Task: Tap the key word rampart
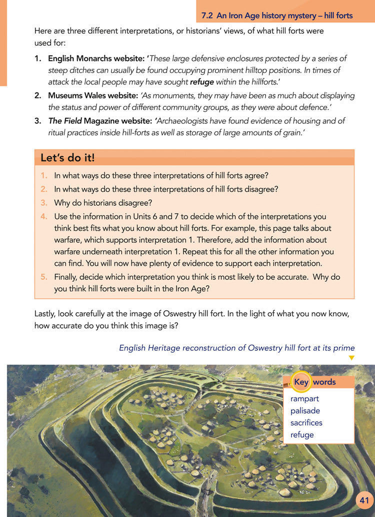[x=304, y=399]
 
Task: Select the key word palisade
[x=305, y=411]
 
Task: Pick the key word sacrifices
[x=306, y=423]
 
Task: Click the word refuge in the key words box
[x=302, y=435]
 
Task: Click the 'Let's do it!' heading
[x=67, y=158]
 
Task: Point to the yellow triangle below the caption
[x=351, y=358]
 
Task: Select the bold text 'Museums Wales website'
[x=93, y=95]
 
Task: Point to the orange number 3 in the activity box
[x=43, y=203]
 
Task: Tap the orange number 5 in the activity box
[x=43, y=277]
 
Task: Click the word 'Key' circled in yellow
[x=301, y=382]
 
